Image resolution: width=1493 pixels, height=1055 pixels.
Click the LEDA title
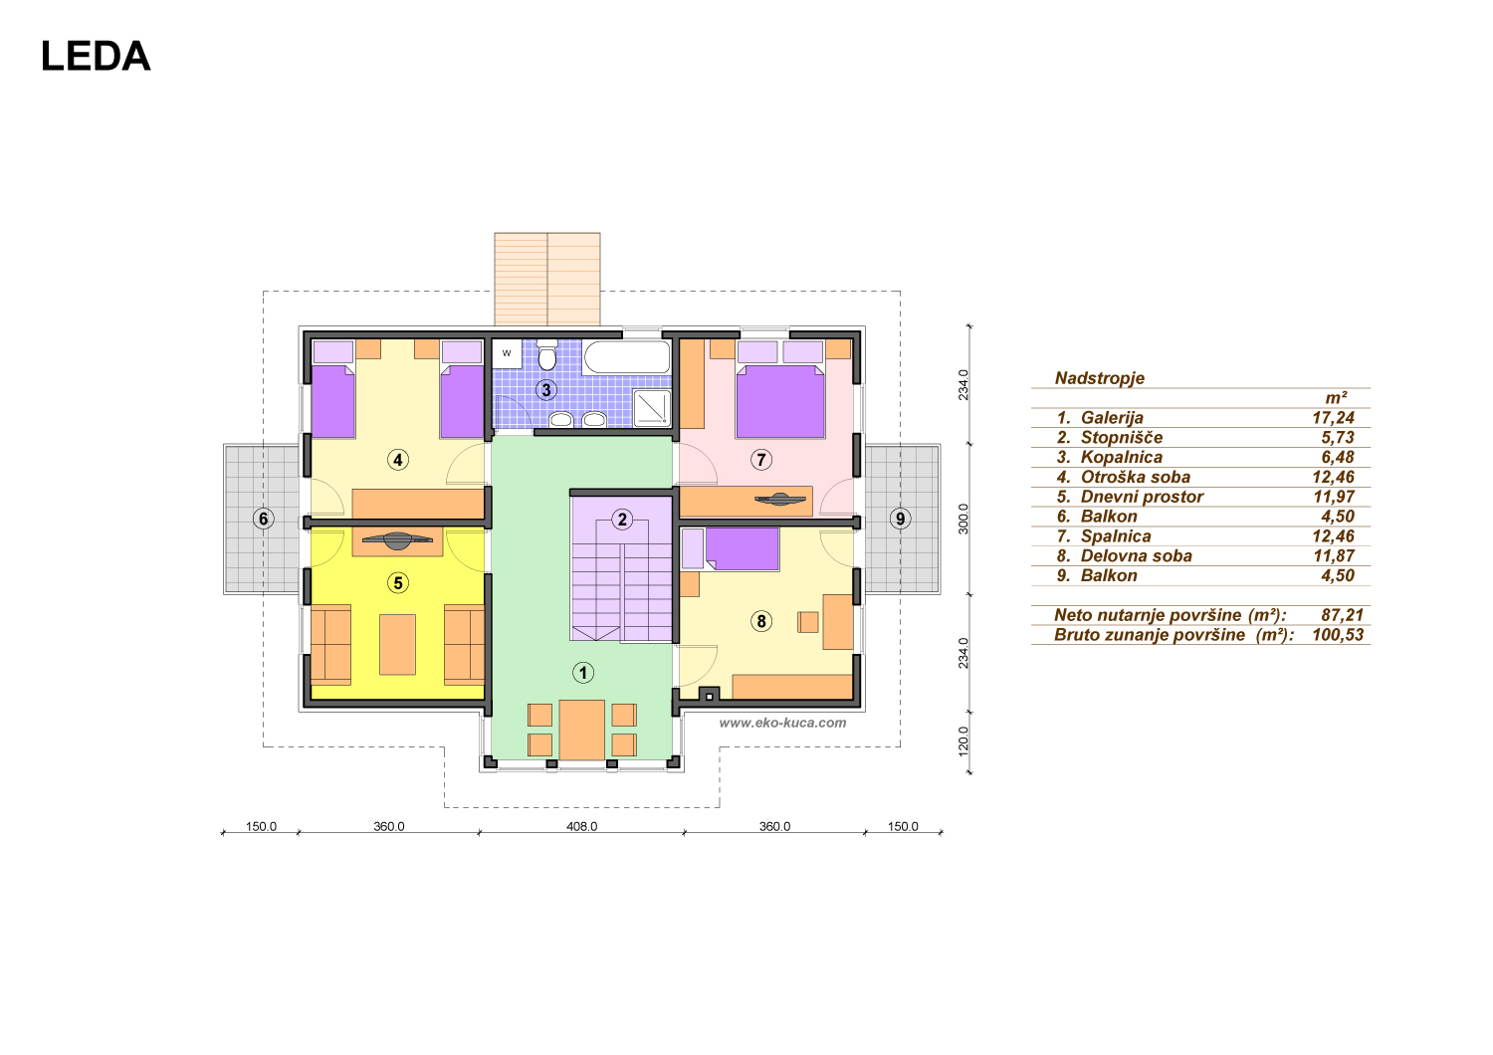96,56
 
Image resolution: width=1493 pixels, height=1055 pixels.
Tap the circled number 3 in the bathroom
546,390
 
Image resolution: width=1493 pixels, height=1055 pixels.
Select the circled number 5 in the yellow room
398,583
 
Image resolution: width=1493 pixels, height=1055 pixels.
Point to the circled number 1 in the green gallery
583,673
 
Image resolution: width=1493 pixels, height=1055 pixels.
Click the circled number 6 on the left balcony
264,519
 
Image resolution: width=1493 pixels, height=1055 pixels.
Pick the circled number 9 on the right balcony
901,519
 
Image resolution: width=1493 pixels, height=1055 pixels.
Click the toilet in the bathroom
547,355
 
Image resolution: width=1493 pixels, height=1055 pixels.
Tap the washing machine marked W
507,354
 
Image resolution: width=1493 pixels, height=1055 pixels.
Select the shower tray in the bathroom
652,408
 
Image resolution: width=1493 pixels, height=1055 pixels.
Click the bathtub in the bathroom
626,357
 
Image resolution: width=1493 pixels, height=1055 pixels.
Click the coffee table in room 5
398,645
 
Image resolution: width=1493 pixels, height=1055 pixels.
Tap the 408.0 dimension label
582,826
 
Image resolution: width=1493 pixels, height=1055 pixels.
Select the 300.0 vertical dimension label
963,519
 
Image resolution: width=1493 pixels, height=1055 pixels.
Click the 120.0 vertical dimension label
963,741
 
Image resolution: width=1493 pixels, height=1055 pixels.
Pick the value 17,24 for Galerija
1333,418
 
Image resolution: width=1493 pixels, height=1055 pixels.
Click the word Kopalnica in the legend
1122,457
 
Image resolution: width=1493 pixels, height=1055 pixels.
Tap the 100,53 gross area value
1338,634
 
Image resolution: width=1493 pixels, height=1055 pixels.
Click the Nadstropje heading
1100,378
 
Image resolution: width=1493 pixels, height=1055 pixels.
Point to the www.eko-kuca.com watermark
782,723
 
